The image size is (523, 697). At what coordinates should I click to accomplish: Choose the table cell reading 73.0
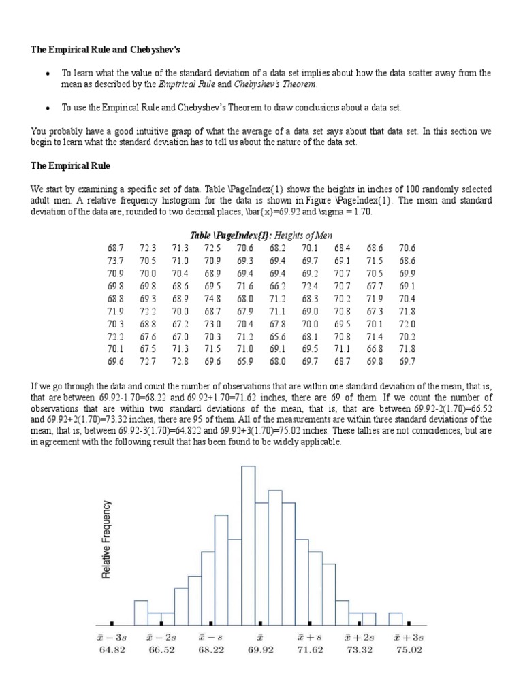[x=213, y=323]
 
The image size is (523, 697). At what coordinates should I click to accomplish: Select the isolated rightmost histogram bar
[x=395, y=619]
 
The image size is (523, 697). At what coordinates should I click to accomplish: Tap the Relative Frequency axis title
[x=106, y=539]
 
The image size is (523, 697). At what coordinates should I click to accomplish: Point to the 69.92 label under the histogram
[x=260, y=650]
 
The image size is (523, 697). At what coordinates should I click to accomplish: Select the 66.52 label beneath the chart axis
[x=161, y=650]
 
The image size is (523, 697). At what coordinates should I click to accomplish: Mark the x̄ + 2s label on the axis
[x=359, y=638]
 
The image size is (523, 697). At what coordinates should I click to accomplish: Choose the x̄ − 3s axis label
[x=112, y=638]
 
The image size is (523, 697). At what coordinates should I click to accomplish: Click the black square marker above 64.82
[x=112, y=623]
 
